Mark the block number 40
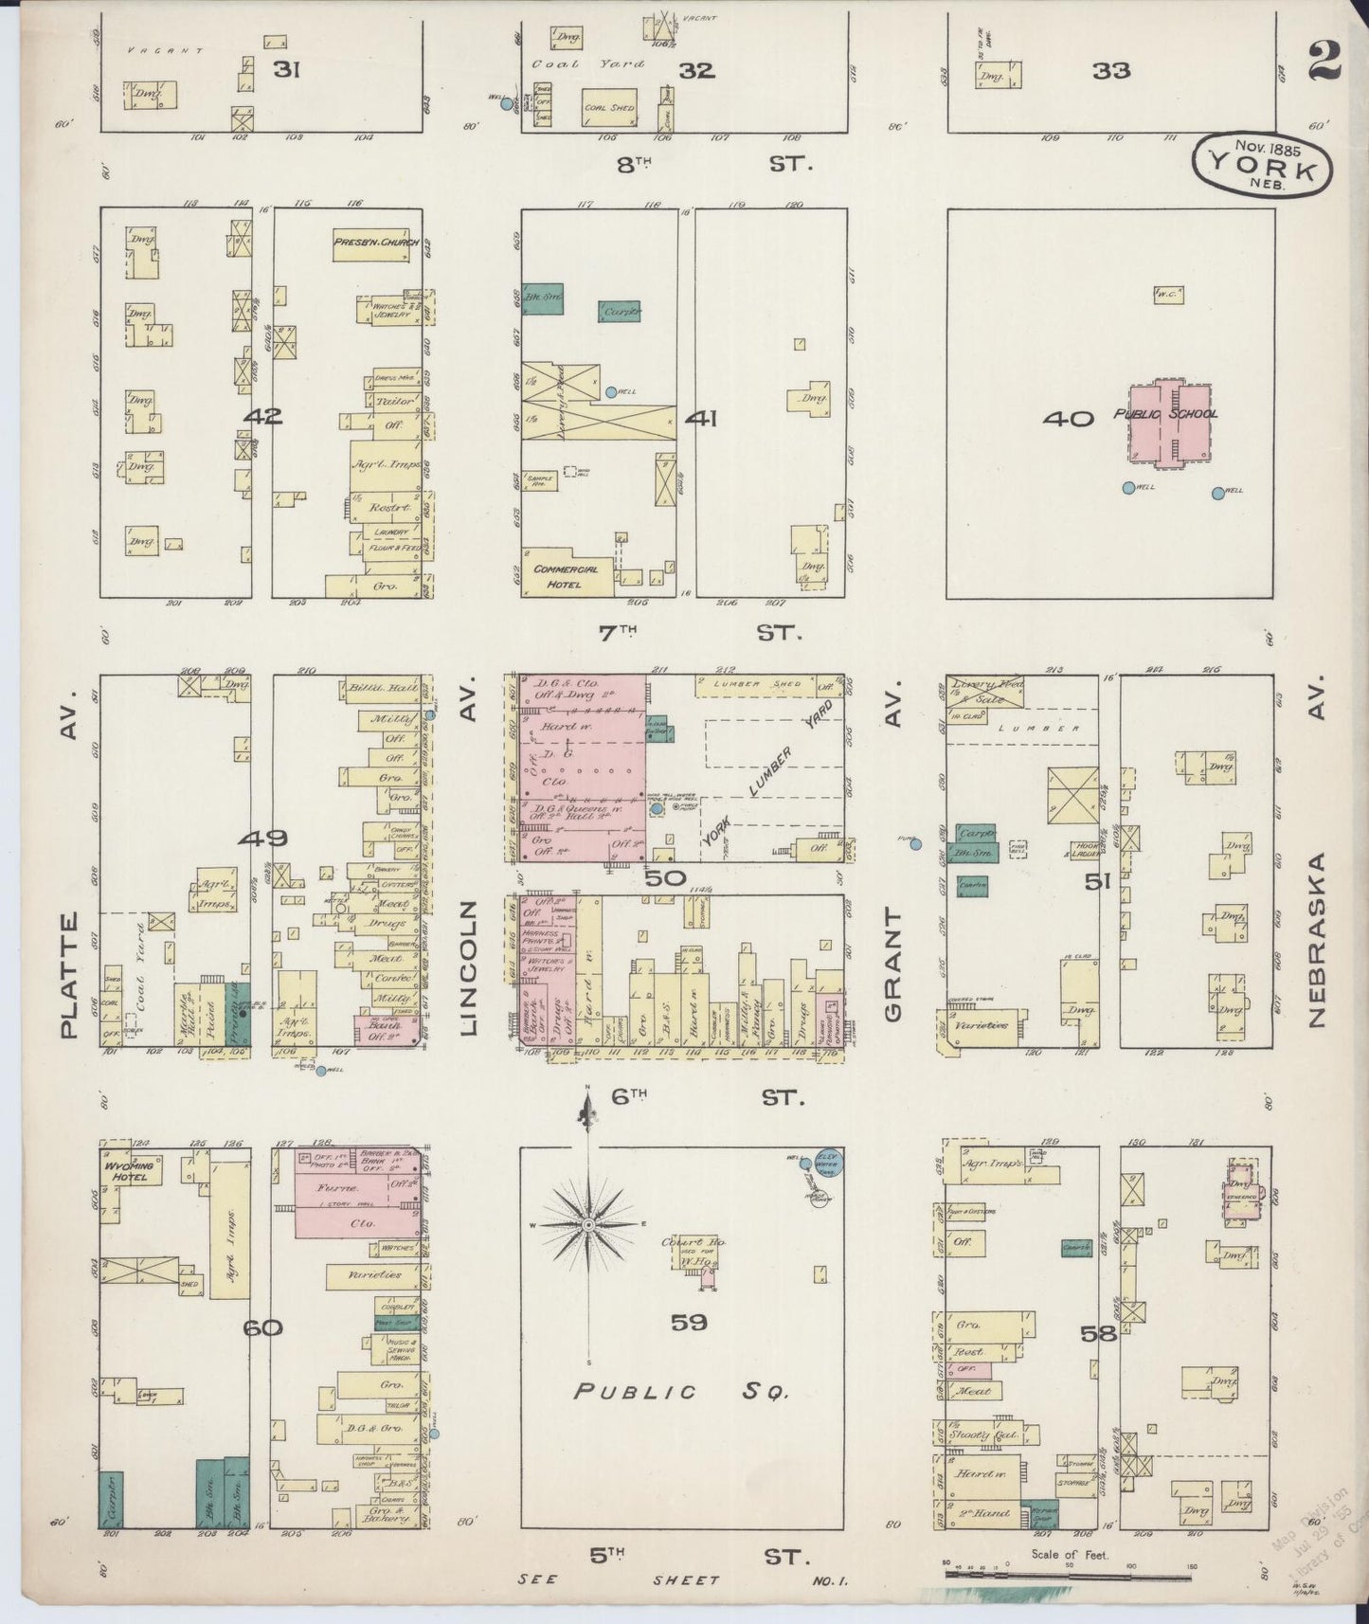coord(1068,418)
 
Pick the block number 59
coord(690,1323)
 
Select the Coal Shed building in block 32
coord(609,109)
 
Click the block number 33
coord(1110,70)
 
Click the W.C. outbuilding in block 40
coord(1165,296)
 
